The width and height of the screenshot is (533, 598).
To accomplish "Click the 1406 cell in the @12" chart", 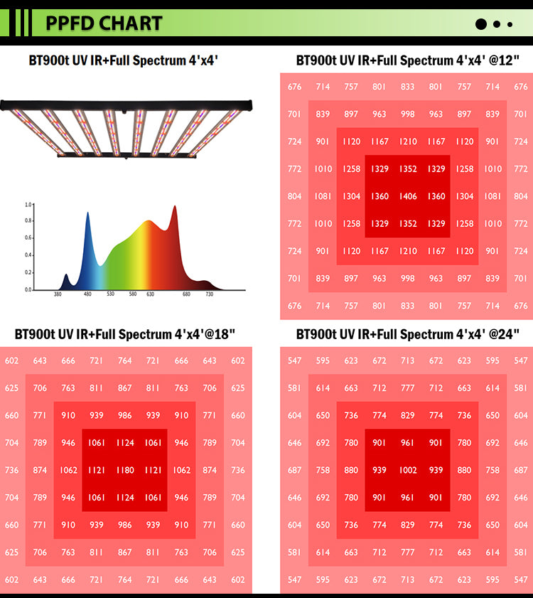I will [408, 196].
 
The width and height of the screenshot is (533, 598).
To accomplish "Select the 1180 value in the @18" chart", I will [125, 470].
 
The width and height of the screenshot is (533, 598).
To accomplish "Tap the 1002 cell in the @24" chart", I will [408, 470].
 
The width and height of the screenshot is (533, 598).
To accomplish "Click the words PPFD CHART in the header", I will [104, 23].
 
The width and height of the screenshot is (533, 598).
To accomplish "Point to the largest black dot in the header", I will [481, 24].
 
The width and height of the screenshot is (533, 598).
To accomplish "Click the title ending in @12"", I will [407, 60].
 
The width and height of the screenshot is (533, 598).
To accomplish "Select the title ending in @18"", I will [125, 334].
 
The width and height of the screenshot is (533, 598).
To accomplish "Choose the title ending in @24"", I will [407, 334].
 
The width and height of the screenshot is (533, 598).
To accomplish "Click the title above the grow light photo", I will [123, 60].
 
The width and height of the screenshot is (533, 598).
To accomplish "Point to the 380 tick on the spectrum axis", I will [58, 294].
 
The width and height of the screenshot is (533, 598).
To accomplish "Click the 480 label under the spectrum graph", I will [87, 294].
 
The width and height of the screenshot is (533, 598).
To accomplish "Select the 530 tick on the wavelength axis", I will [110, 294].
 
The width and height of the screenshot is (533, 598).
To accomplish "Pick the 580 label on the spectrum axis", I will [132, 294].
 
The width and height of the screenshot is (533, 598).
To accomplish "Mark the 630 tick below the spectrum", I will [150, 294].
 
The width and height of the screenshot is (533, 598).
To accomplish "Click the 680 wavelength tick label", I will [186, 294].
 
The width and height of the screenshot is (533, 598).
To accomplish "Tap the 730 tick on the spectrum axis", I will [209, 294].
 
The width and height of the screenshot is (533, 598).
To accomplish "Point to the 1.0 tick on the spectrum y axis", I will [28, 205].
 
